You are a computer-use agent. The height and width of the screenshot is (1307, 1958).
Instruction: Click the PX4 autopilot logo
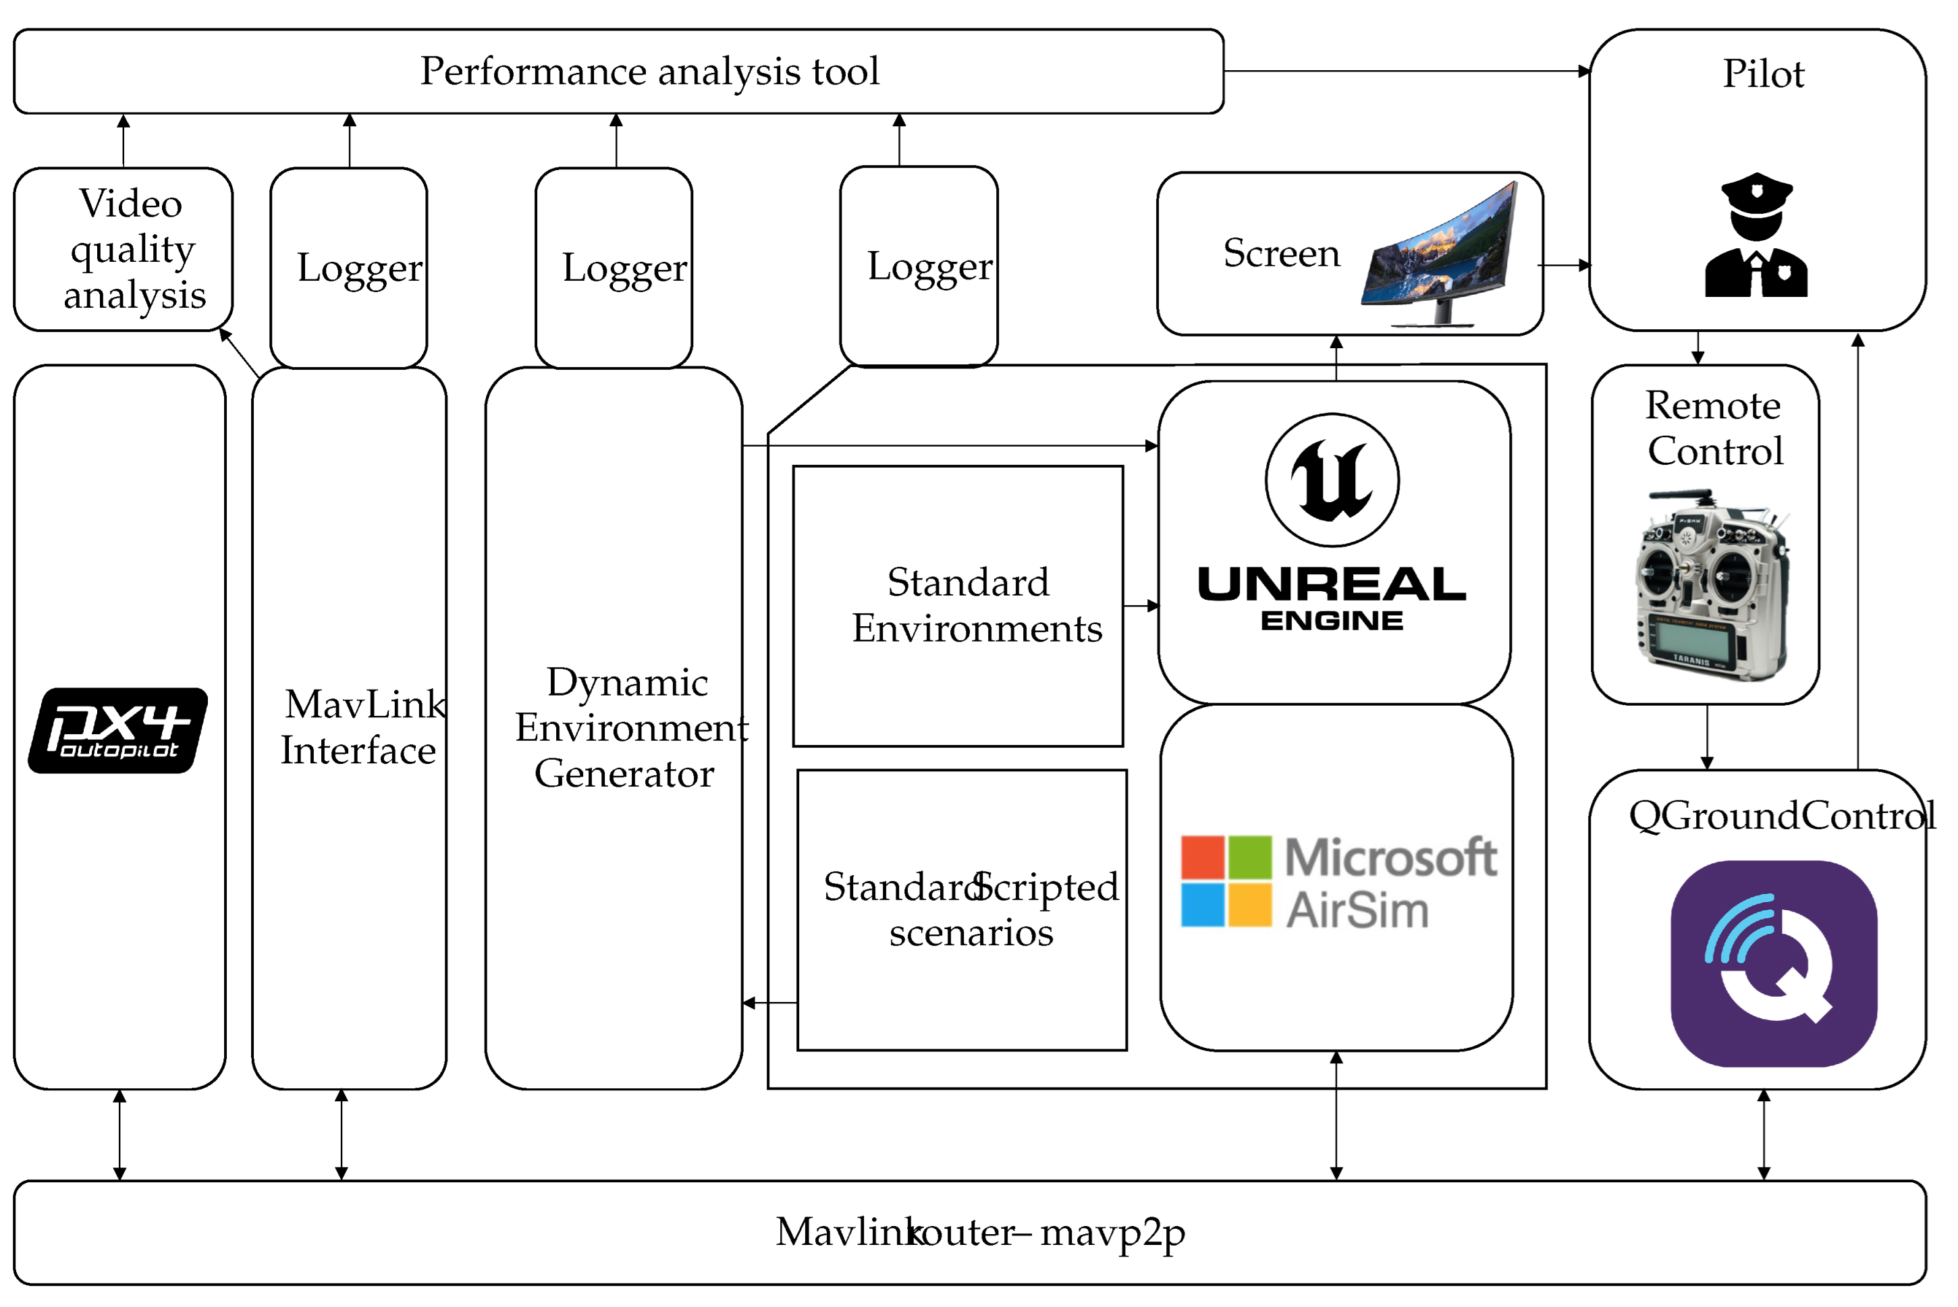pos(117,730)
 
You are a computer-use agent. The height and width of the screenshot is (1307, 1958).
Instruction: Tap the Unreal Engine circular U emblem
pos(1332,480)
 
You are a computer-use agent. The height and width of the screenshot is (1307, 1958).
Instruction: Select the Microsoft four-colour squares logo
pos(1226,881)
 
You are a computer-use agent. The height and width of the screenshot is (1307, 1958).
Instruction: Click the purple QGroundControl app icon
pos(1774,964)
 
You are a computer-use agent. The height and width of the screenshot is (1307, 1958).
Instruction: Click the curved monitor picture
pos(1440,255)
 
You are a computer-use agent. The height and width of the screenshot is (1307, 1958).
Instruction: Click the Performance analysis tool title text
pos(649,71)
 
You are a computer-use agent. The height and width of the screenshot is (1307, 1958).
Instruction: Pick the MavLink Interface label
pos(362,727)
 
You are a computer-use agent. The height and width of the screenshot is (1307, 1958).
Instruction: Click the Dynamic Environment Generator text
pos(628,727)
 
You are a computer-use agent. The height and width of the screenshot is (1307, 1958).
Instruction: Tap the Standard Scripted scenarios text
pos(971,910)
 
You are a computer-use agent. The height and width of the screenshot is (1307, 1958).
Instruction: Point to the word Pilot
pos(1763,74)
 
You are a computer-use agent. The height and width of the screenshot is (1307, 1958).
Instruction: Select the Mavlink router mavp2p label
pos(979,1232)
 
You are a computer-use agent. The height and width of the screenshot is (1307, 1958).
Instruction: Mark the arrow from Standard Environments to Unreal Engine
pos(1140,606)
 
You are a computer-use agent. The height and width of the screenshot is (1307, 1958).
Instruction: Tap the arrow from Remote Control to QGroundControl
pos(1707,737)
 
